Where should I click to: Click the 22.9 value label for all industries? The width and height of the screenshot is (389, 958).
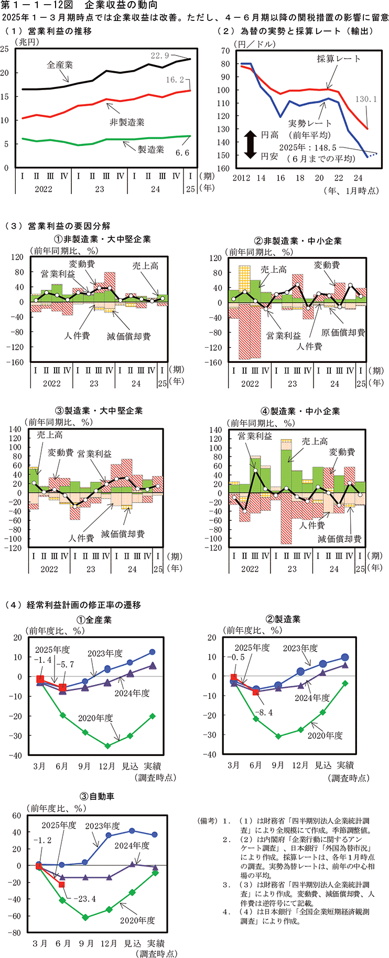pos(160,55)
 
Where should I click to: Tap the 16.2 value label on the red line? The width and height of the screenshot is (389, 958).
pos(175,80)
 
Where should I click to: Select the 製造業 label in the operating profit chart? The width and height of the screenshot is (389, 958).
pos(150,150)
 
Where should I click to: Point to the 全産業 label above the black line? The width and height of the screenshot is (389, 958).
pos(60,65)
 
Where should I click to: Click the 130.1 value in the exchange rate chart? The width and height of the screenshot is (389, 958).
pos(366,99)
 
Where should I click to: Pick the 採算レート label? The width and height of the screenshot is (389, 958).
pos(339,59)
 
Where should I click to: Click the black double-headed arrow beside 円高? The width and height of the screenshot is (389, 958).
pos(250,145)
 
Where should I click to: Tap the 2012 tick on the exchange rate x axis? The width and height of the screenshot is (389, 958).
pos(242,178)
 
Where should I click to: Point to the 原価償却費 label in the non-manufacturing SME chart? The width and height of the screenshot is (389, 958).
pos(343,332)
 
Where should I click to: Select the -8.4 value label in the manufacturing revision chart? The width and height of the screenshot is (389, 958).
pos(263,712)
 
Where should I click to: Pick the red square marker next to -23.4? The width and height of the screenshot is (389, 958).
pos(61,884)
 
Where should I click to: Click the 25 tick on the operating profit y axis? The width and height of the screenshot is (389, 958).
pos(5,49)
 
